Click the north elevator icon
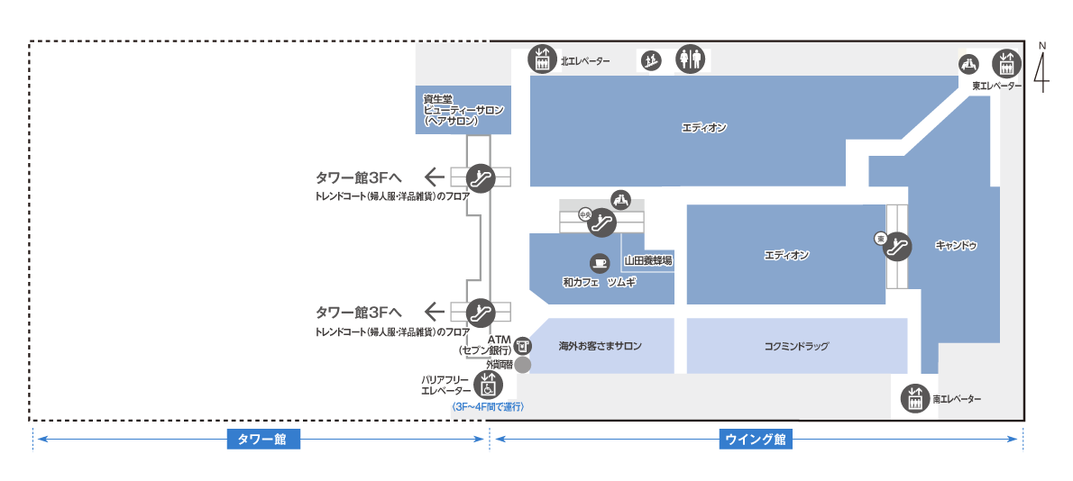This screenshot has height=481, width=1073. click(x=542, y=60)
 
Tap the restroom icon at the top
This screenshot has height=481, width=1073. click(x=690, y=59)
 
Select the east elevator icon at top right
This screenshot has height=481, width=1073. click(x=1005, y=63)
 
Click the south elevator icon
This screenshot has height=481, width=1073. click(x=915, y=398)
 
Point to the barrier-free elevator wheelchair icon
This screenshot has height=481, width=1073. click(x=488, y=385)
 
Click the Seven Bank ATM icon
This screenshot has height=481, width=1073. click(x=524, y=345)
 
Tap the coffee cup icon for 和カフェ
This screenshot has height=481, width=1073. click(x=599, y=263)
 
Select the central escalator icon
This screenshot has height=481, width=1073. click(x=600, y=222)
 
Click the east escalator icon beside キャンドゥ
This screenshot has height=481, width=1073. click(x=898, y=243)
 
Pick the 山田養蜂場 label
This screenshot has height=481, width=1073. click(x=648, y=261)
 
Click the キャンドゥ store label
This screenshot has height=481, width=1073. click(x=956, y=245)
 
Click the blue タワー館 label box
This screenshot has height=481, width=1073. click(x=261, y=440)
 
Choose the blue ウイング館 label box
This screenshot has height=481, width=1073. click(x=756, y=440)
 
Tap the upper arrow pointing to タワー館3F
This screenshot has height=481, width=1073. click(x=436, y=176)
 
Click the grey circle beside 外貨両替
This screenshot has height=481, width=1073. click(x=523, y=365)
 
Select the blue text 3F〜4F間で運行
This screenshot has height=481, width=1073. click(x=488, y=407)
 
